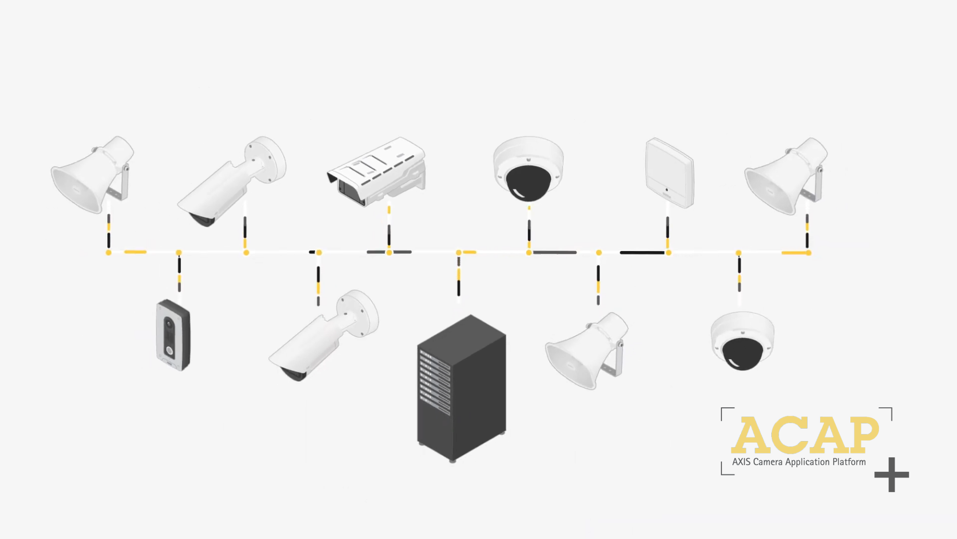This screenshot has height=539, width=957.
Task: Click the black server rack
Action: tap(461, 388)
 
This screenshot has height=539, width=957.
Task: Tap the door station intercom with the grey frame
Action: tap(173, 335)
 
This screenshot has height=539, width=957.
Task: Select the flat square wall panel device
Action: tap(670, 172)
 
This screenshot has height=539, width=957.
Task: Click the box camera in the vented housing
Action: tap(377, 171)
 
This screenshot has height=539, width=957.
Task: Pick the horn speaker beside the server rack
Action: tap(585, 352)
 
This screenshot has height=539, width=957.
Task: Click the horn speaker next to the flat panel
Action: tap(785, 177)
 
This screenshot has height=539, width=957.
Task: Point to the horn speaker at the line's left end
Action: tap(91, 174)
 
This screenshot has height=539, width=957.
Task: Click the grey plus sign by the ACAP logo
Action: tap(891, 474)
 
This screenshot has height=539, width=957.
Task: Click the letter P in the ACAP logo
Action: tap(860, 434)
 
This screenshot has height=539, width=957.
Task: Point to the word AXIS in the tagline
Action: tap(741, 462)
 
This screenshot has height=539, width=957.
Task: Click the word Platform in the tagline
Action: tap(849, 462)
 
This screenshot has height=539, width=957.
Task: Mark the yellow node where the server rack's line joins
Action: tap(458, 253)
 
